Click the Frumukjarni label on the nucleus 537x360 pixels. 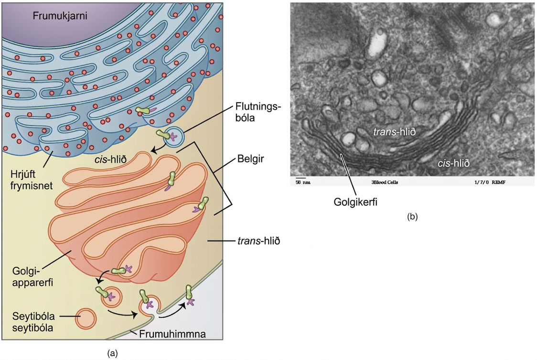click(x=60, y=16)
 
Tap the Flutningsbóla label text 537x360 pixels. click(x=258, y=112)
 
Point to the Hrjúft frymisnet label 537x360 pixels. click(x=31, y=180)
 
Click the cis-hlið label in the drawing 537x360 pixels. click(x=111, y=159)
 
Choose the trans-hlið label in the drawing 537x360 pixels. click(x=259, y=241)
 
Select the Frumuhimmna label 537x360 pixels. click(x=172, y=334)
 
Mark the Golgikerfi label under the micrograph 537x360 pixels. click(x=355, y=202)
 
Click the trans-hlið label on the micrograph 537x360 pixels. click(x=394, y=131)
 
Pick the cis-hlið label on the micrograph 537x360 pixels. click(x=453, y=163)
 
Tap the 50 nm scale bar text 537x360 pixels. click(x=303, y=182)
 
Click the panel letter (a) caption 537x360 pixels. click(x=112, y=353)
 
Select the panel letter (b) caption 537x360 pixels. click(x=412, y=216)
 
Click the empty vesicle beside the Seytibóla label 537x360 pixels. click(x=86, y=318)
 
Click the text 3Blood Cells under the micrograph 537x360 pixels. click(x=385, y=182)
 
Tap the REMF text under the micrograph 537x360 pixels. click(x=499, y=182)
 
